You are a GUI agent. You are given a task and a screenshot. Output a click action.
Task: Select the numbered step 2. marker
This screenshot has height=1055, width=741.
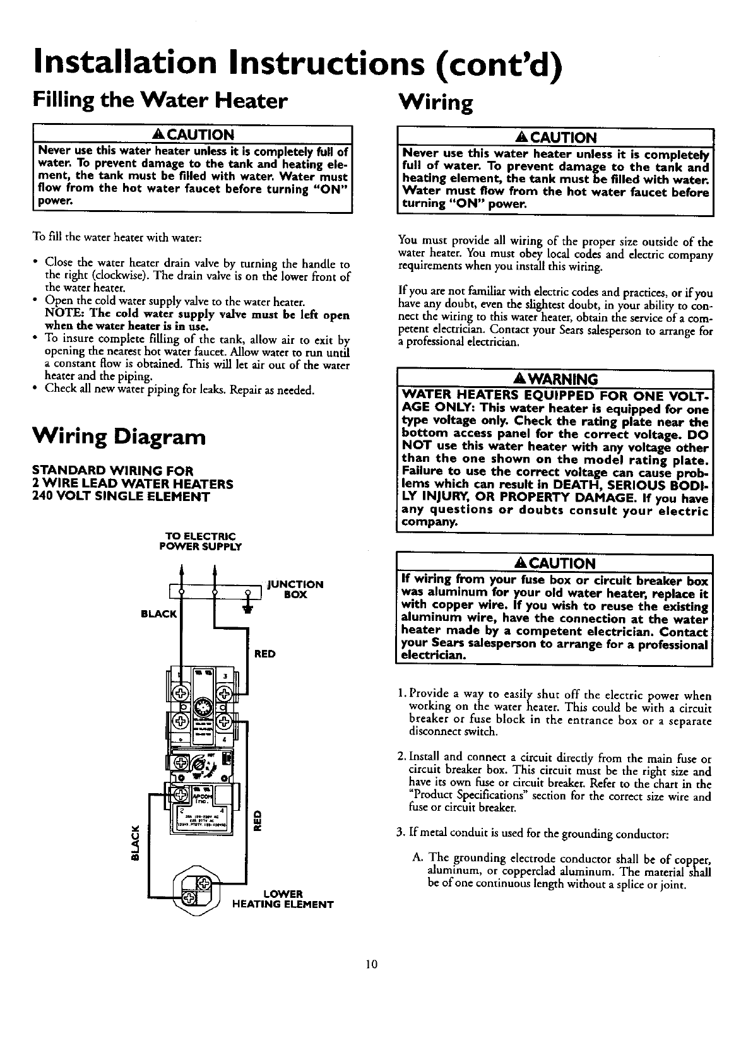(402, 756)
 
